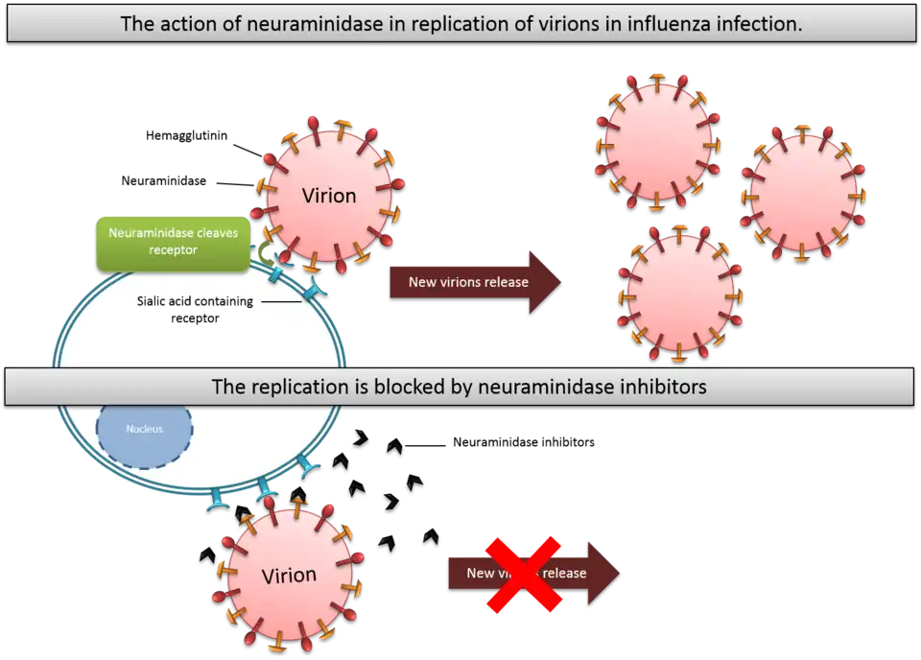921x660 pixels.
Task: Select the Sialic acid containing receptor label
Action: pyautogui.click(x=194, y=309)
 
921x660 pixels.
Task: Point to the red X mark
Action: pyautogui.click(x=523, y=574)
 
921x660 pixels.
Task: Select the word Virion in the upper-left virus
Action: pyautogui.click(x=329, y=196)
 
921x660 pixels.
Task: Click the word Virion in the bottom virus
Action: pyautogui.click(x=289, y=576)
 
